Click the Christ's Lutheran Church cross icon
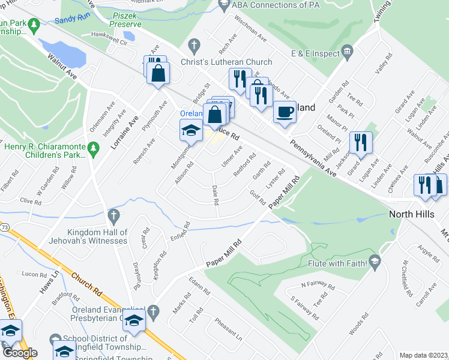[x=193, y=45]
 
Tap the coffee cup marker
[x=285, y=111]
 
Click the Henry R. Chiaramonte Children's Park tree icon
[x=92, y=147]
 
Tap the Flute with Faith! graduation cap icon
[x=375, y=260]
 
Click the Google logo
[x=20, y=353]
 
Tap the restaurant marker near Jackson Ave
[x=361, y=143]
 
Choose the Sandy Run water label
[x=72, y=20]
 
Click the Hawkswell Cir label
[x=109, y=36]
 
